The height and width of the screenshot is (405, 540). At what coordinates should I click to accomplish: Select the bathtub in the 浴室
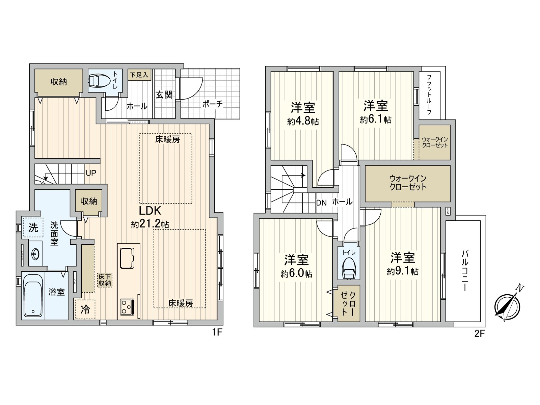click(x=33, y=296)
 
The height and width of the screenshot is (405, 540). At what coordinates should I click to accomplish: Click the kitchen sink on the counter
click(x=127, y=258)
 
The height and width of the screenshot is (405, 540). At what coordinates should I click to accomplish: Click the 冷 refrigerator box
click(x=85, y=309)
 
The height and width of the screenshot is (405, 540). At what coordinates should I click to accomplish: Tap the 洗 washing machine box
click(x=33, y=228)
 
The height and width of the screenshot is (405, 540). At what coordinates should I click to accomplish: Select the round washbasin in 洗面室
click(x=35, y=253)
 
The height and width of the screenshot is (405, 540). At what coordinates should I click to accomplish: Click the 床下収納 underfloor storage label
click(x=105, y=280)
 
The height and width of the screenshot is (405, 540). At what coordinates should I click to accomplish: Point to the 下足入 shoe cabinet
click(x=139, y=75)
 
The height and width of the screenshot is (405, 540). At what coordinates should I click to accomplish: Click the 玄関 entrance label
click(x=164, y=95)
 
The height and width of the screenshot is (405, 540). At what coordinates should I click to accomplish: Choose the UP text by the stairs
click(x=91, y=173)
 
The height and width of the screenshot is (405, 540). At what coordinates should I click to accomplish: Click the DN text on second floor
click(x=321, y=203)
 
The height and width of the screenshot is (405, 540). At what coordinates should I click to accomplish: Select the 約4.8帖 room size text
click(x=303, y=122)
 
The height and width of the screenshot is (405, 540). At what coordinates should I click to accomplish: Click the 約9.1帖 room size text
click(x=403, y=271)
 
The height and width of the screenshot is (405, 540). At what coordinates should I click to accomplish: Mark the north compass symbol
click(x=507, y=306)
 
